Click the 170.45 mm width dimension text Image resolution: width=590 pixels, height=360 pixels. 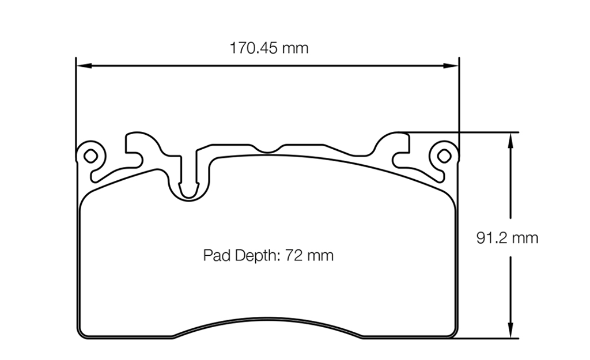point(269,48)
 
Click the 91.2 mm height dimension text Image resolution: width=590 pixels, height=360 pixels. point(508,237)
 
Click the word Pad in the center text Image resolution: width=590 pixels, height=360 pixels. point(217,255)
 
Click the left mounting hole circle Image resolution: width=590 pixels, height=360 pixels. point(89,155)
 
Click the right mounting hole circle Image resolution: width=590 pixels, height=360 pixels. point(443,155)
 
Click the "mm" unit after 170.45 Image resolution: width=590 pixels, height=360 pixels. point(295,48)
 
